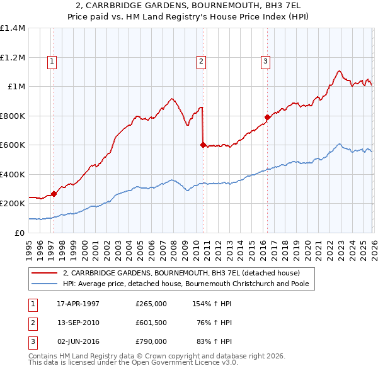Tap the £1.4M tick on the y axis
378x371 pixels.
click(13, 28)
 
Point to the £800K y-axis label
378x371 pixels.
click(12, 116)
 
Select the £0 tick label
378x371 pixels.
click(20, 233)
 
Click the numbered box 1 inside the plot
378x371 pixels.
click(52, 61)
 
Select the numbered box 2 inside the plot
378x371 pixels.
click(201, 61)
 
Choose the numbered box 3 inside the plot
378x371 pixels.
click(265, 61)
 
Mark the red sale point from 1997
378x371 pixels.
click(54, 194)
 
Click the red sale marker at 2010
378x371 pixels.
click(203, 145)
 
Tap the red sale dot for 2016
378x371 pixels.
click(267, 117)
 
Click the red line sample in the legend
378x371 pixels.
click(45, 273)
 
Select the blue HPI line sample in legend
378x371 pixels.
click(45, 284)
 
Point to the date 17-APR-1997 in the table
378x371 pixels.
click(78, 304)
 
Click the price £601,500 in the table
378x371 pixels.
click(151, 323)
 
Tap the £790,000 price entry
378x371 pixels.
click(151, 341)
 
